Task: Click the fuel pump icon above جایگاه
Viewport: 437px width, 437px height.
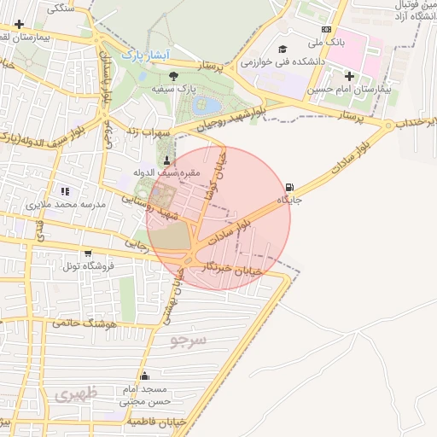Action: click(x=291, y=187)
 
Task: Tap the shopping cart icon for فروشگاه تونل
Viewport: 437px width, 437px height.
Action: click(x=88, y=253)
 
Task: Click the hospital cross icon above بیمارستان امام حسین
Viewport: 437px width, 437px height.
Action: click(x=348, y=76)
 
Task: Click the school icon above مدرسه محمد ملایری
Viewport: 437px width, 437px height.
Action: click(x=65, y=191)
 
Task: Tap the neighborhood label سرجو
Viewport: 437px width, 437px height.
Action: click(x=188, y=341)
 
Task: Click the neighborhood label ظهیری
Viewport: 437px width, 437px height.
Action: click(x=77, y=394)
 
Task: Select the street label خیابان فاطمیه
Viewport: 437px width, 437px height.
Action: click(x=156, y=422)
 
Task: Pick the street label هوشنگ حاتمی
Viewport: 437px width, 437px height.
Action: click(x=83, y=323)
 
